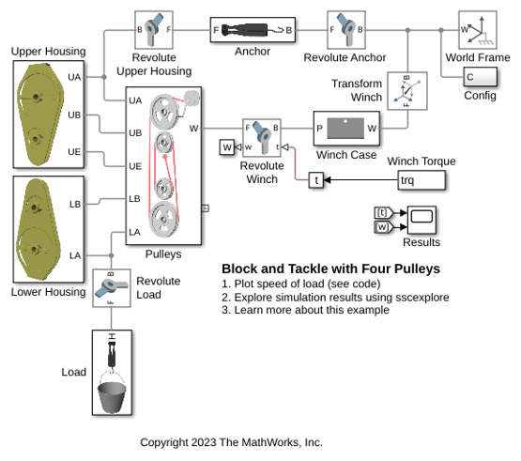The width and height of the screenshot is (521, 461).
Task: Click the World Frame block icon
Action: click(x=478, y=30)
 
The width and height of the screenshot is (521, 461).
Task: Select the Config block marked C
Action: click(x=480, y=77)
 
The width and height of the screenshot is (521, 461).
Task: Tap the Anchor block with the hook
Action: click(x=253, y=30)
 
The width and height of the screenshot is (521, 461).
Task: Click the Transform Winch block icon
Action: click(x=407, y=91)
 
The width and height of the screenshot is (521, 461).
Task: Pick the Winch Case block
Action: click(x=346, y=129)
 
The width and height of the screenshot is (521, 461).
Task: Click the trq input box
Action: click(x=421, y=180)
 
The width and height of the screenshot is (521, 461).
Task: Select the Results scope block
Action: click(x=421, y=220)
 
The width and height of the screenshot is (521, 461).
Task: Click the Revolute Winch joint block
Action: click(x=262, y=138)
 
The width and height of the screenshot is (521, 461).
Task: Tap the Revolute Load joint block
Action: click(x=112, y=288)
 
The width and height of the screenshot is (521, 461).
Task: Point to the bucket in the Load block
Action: click(x=112, y=397)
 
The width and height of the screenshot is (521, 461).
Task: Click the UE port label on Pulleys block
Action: click(x=135, y=166)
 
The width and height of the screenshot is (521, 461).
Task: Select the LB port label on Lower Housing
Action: click(x=75, y=204)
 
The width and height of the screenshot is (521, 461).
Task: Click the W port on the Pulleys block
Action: click(x=193, y=129)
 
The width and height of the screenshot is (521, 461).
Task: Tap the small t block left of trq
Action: click(x=316, y=180)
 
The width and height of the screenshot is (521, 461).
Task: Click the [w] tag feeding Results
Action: click(x=383, y=227)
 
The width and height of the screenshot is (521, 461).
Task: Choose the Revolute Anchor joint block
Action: click(x=346, y=30)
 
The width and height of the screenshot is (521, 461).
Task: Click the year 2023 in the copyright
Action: click(x=204, y=442)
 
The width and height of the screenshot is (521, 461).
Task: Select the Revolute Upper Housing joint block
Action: click(x=154, y=30)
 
